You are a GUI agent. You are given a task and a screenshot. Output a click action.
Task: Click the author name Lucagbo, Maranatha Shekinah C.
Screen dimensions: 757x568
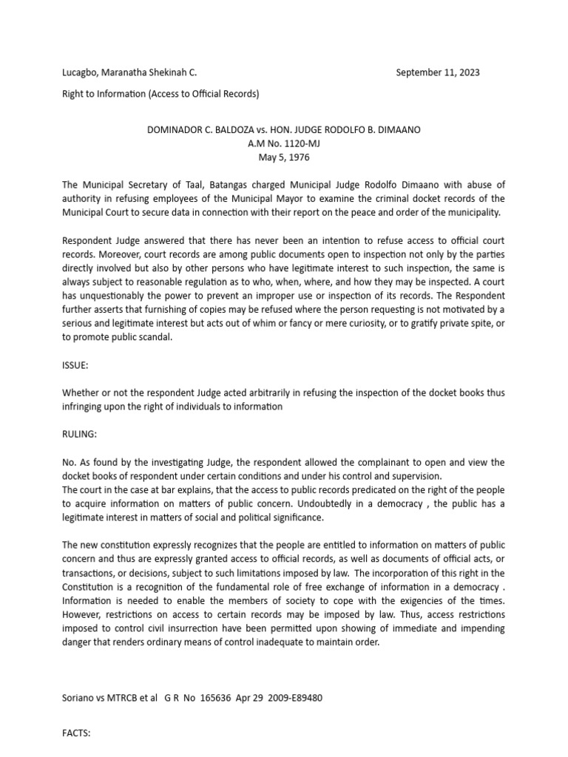click(x=129, y=72)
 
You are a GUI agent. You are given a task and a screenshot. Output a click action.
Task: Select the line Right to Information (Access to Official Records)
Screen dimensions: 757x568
click(x=160, y=94)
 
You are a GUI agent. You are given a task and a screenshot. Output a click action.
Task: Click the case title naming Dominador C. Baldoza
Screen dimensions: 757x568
click(x=284, y=129)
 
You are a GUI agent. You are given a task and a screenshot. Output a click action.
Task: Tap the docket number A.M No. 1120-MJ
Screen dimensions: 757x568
click(x=284, y=143)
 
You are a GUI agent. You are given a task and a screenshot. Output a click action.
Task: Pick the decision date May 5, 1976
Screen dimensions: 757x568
click(x=284, y=157)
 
